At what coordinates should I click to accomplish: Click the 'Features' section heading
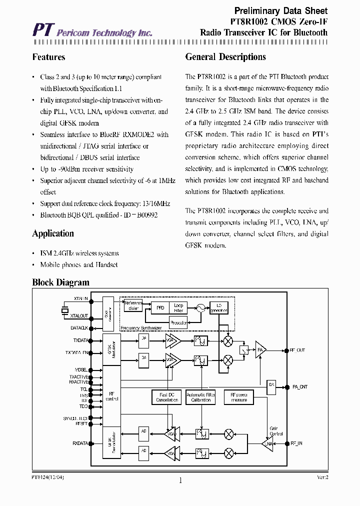tap(48, 57)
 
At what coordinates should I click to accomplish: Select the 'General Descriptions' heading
tap(225, 57)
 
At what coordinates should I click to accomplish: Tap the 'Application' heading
tap(53, 233)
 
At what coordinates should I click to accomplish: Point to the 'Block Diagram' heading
tap(60, 282)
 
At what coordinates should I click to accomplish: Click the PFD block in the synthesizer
tap(160, 308)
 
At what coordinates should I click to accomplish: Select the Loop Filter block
tap(179, 308)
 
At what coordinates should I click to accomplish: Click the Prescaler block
tap(179, 323)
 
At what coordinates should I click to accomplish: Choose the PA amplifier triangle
tap(260, 349)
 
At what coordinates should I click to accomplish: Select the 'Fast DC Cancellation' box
tap(166, 397)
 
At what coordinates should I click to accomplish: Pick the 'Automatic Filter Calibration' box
tap(200, 397)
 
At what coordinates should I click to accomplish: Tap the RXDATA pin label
tap(80, 443)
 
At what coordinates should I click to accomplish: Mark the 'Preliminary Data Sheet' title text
tap(281, 10)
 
